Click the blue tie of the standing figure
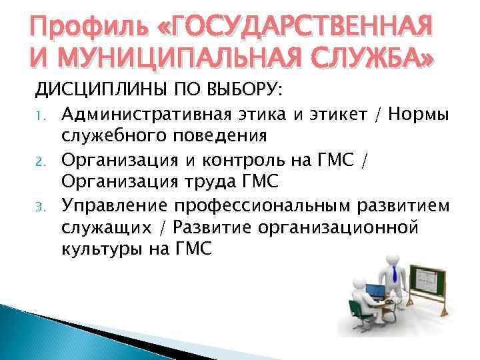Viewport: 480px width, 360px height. coord(395,273)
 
